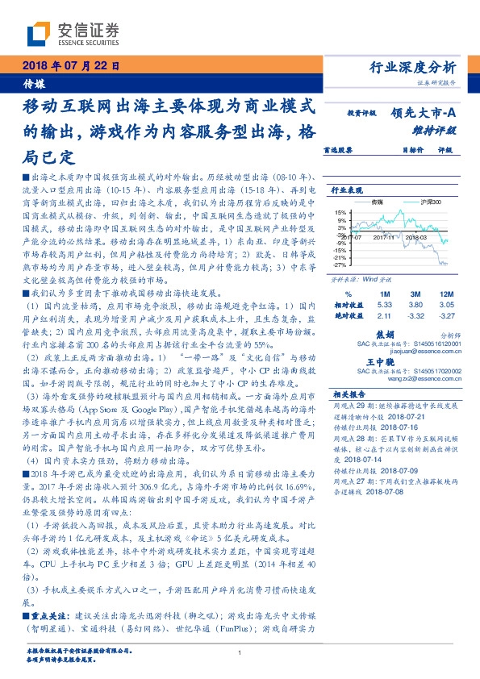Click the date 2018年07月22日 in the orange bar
point(70,67)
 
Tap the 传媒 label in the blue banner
point(34,82)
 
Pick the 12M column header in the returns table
point(446,294)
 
